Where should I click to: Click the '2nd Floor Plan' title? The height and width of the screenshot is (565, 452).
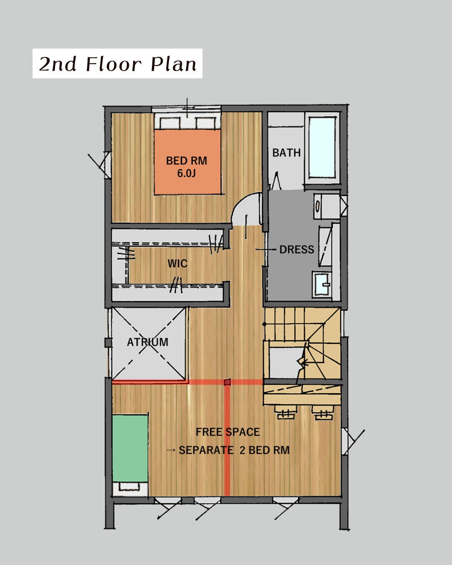point(118,64)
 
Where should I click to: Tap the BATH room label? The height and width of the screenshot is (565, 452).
point(286,153)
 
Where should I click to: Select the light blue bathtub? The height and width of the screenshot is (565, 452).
point(322,148)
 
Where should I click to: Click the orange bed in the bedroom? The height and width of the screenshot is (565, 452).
point(187,162)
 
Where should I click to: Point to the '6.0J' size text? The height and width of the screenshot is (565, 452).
point(186,173)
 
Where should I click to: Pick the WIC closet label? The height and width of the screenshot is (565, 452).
point(177,263)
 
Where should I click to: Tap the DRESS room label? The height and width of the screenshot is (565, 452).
point(296,250)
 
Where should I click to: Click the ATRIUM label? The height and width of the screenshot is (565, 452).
point(148,342)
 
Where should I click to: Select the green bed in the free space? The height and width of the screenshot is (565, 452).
point(130,448)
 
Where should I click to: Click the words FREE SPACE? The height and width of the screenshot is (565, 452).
point(228,432)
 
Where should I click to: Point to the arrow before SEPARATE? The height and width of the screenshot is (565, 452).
point(171,450)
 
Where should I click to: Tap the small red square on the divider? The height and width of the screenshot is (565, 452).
point(227,382)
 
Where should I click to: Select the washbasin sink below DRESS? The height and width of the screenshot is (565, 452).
point(322,285)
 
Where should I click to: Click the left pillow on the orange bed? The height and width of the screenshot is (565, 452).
point(169,123)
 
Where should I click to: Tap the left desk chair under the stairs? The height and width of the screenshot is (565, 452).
point(285,413)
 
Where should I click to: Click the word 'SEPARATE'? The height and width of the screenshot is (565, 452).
point(206,450)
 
